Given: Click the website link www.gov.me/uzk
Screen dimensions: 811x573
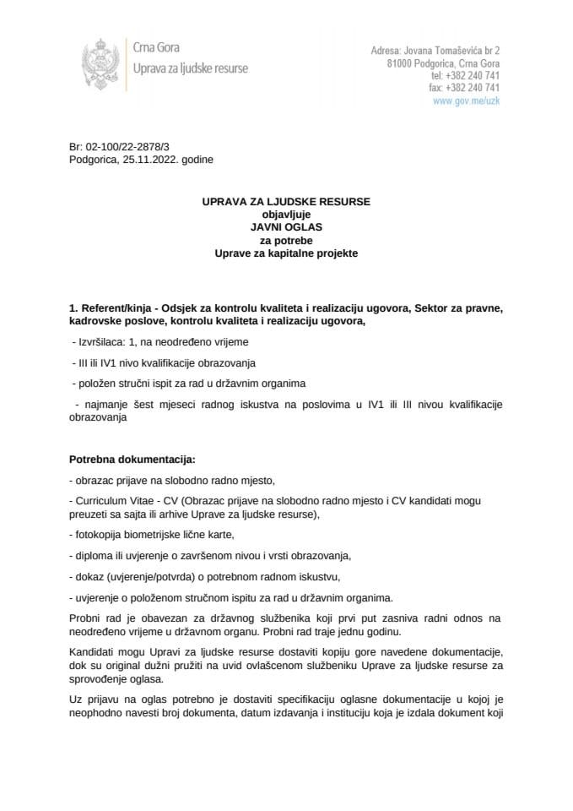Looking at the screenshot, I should [466, 100].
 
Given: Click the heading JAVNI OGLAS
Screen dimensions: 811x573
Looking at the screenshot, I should [286, 227].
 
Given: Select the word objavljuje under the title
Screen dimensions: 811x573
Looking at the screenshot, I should [286, 215].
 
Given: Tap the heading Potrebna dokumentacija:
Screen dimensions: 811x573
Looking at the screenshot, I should [132, 460].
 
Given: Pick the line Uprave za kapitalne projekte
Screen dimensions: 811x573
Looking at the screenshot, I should [286, 253].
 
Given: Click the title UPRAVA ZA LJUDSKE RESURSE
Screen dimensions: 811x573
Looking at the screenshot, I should [286, 202].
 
